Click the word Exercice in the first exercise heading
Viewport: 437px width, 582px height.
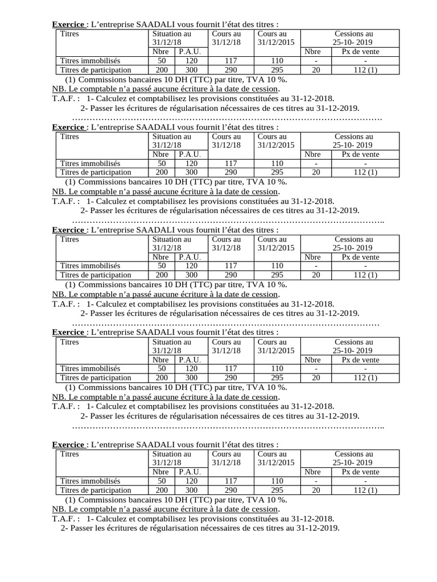click(x=68, y=24)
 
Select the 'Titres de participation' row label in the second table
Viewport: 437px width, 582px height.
click(x=96, y=172)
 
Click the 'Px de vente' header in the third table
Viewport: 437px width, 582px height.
click(x=360, y=257)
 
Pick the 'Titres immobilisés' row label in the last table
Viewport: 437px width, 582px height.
click(x=90, y=481)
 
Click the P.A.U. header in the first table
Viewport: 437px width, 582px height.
click(x=189, y=52)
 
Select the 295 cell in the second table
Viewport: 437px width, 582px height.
click(x=277, y=172)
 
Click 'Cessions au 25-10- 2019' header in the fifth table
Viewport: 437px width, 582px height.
click(x=353, y=458)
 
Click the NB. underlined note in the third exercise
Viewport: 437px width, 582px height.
click(x=166, y=294)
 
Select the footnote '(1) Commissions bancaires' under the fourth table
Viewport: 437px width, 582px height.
click(x=176, y=387)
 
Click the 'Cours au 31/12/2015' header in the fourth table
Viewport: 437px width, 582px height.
click(x=276, y=346)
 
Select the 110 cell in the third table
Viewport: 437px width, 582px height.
click(x=277, y=265)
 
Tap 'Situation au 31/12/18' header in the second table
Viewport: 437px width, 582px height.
click(x=172, y=140)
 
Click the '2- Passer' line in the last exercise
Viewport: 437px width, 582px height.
click(x=200, y=528)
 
